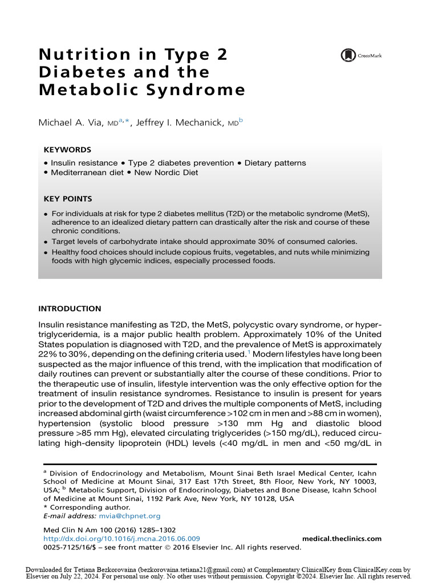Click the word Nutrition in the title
pyautogui.click(x=80, y=55)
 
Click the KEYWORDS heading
pyautogui.click(x=67, y=150)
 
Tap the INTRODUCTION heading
pyautogui.click(x=69, y=309)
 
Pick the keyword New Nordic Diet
pyautogui.click(x=166, y=173)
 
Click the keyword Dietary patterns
pyautogui.click(x=275, y=163)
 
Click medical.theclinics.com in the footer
pyautogui.click(x=341, y=539)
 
